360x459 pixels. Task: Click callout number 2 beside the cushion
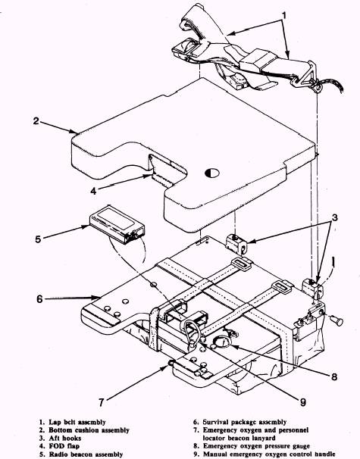(x=36, y=120)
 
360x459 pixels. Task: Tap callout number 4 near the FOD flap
(x=93, y=191)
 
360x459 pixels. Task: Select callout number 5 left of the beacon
(x=38, y=239)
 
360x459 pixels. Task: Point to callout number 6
(x=39, y=299)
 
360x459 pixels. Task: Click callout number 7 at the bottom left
(x=101, y=402)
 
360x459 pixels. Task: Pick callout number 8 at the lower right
(x=334, y=376)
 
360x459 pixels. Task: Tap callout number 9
(x=303, y=402)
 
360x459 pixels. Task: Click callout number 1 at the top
(x=284, y=14)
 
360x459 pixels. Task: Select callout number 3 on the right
(x=334, y=217)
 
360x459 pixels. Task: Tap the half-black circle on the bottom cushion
(x=212, y=173)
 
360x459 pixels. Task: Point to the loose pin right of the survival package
(x=336, y=320)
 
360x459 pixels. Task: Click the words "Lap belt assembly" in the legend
(x=77, y=422)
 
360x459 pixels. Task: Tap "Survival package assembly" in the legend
(x=245, y=422)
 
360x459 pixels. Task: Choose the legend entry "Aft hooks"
(x=64, y=439)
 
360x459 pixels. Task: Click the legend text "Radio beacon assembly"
(x=86, y=454)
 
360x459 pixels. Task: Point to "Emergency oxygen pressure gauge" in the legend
(x=256, y=446)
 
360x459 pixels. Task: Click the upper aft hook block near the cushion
(x=236, y=243)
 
